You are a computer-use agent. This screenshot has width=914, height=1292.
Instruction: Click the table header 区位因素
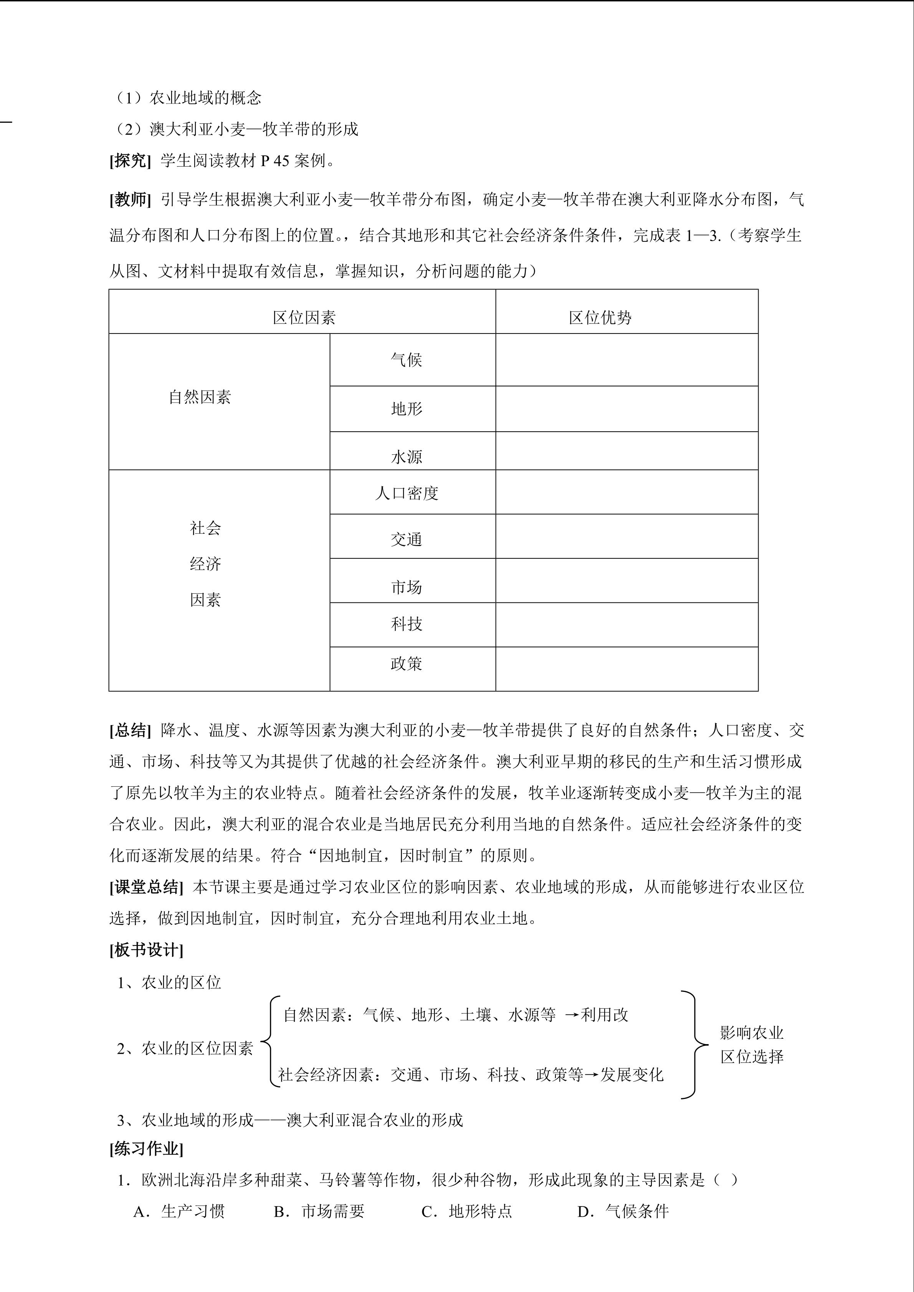304,318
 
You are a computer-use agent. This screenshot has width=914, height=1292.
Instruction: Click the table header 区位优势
600,318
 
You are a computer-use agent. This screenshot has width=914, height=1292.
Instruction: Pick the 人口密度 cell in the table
407,493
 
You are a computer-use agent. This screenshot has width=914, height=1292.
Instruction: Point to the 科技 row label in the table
407,624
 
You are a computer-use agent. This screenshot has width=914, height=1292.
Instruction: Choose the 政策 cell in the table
407,664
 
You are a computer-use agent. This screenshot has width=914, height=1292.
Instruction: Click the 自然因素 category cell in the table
200,397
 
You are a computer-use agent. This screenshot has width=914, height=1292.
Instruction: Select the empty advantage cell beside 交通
626,536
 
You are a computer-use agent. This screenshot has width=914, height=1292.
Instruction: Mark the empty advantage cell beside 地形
626,409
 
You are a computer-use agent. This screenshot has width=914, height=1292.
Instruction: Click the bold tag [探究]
130,161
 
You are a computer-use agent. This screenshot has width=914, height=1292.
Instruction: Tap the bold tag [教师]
130,199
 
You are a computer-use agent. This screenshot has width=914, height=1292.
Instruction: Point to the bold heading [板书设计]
146,950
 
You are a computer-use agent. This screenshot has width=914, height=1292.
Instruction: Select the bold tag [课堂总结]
146,888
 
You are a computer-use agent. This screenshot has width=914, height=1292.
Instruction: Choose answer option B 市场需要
319,1211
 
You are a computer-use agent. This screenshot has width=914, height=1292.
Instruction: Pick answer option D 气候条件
623,1211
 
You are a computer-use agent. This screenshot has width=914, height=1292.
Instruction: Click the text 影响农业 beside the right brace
752,1033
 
